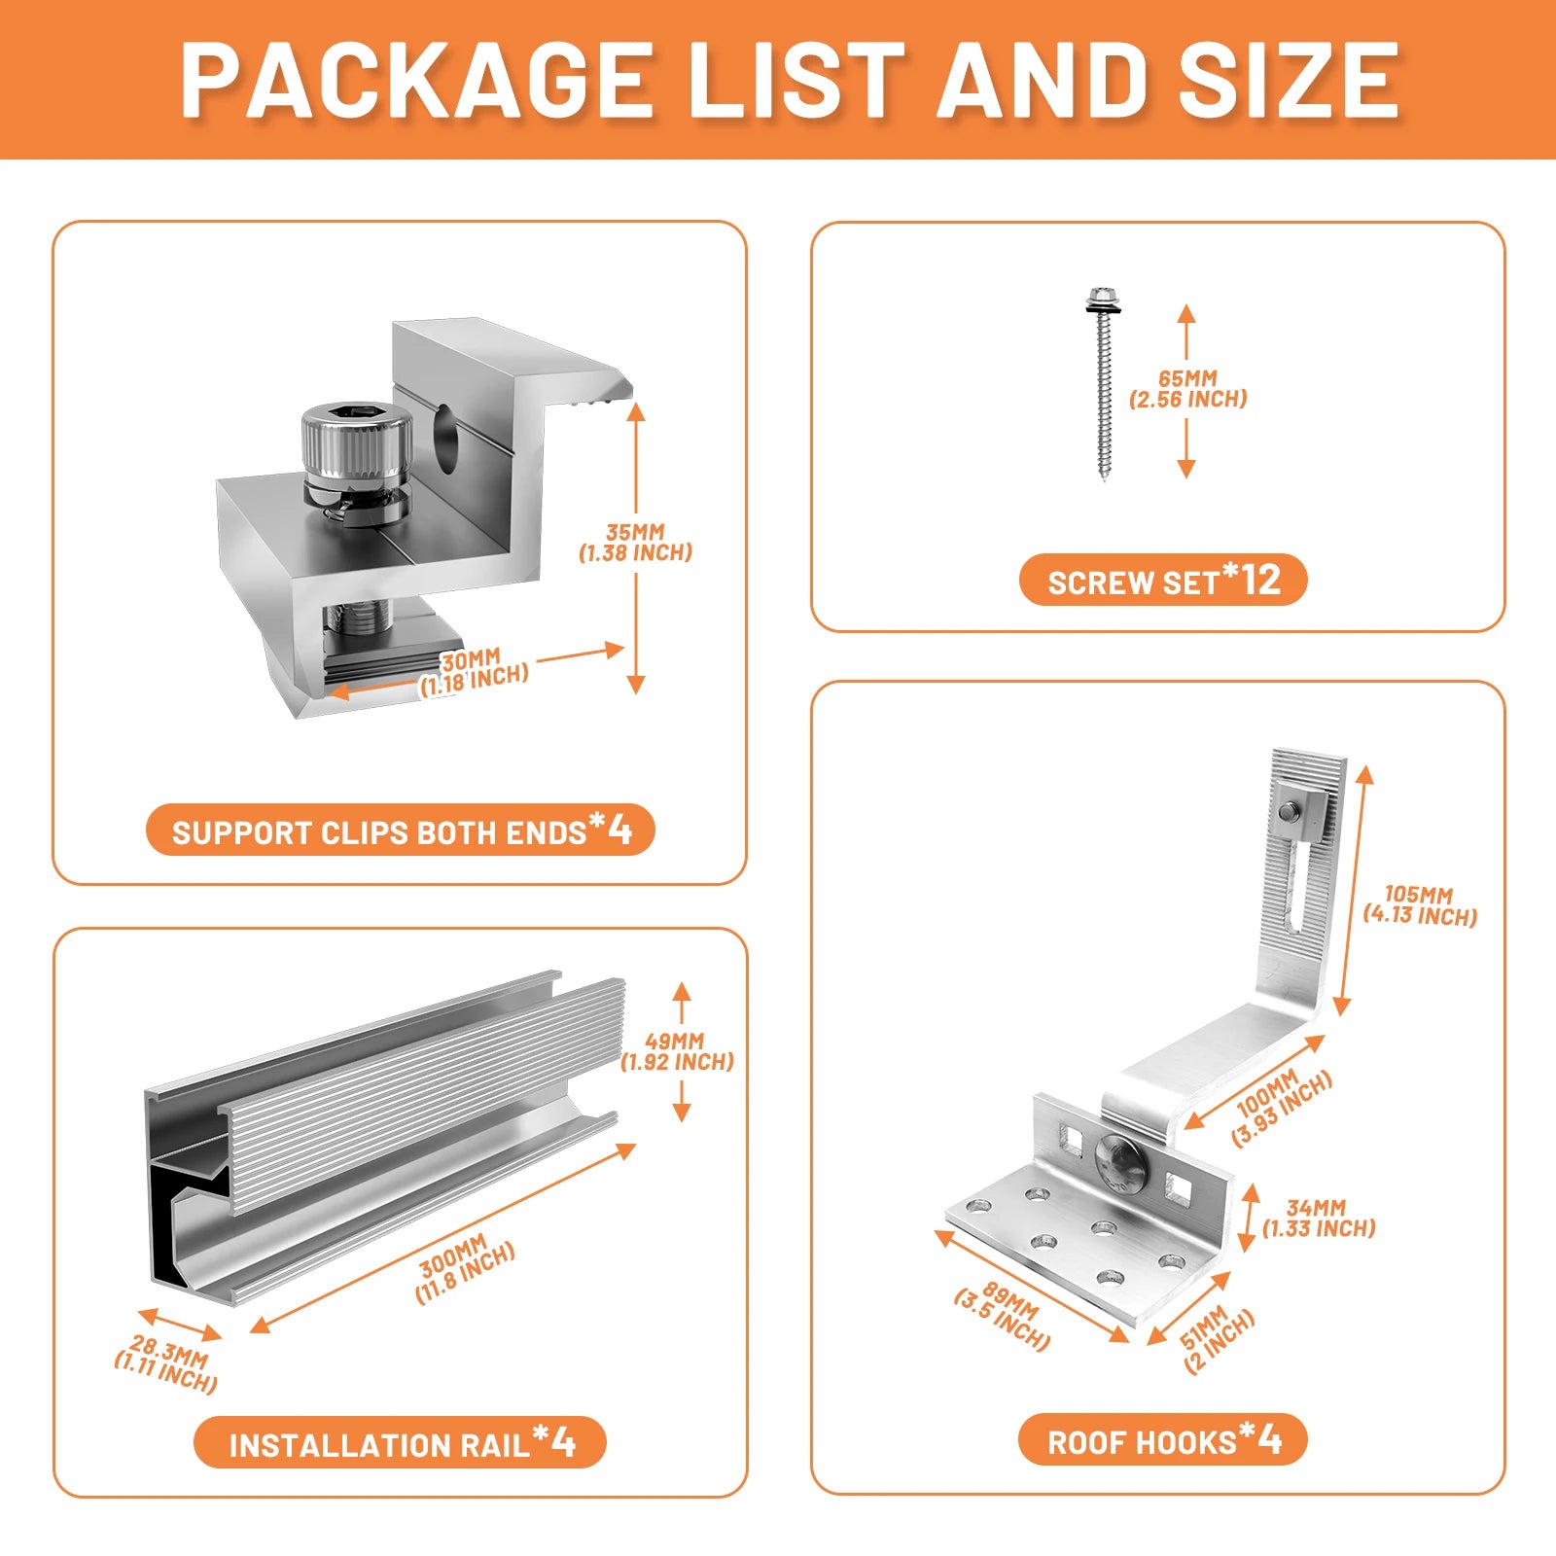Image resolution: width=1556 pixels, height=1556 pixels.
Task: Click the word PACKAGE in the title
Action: (416, 80)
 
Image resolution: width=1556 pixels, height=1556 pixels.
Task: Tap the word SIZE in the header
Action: (1289, 80)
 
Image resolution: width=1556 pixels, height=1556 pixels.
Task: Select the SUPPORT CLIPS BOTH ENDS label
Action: (401, 831)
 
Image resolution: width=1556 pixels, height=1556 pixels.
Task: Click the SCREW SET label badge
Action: (1163, 581)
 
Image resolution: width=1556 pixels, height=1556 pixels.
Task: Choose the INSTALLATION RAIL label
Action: (401, 1442)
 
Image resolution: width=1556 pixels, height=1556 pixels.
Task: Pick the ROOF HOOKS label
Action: (1163, 1440)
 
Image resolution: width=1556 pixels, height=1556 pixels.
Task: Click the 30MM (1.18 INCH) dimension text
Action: (474, 672)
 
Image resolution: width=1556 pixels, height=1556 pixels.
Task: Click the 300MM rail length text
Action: (464, 1269)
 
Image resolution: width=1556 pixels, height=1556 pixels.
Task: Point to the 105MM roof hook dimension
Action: (1420, 905)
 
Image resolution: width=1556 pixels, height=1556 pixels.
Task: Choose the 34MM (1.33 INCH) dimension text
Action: (1319, 1219)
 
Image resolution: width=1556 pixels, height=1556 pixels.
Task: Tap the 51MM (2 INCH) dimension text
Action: (1218, 1338)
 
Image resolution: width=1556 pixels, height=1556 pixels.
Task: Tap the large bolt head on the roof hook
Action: (1120, 1161)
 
